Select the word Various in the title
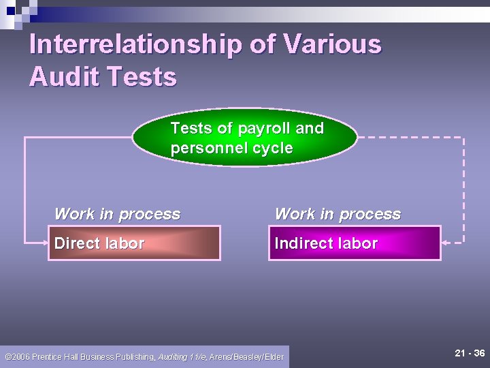332,44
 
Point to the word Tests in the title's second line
146,77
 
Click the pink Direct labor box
134,243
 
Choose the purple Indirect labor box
355,243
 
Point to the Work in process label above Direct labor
117,214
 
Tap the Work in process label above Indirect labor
338,214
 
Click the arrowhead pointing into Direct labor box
42,242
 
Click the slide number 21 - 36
470,353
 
